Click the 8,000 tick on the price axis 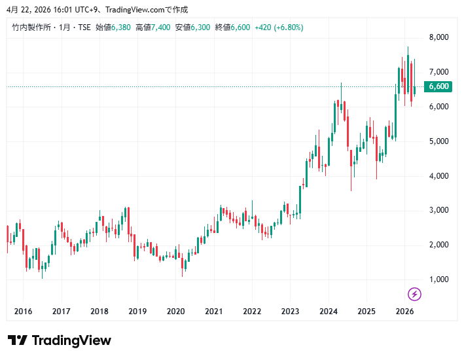click(438, 37)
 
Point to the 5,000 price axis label click(438, 141)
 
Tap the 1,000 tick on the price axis click(438, 279)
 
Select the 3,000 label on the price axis click(438, 210)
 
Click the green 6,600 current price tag click(438, 86)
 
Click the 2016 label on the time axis click(23, 312)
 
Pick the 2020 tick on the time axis click(176, 312)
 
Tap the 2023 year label click(291, 312)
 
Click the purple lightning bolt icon click(414, 294)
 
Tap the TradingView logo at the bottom click(60, 340)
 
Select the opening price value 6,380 click(121, 27)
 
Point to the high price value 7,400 click(160, 27)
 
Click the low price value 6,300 click(200, 27)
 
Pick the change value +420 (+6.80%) click(279, 27)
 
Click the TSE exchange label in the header click(84, 27)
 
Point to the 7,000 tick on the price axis click(438, 72)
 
